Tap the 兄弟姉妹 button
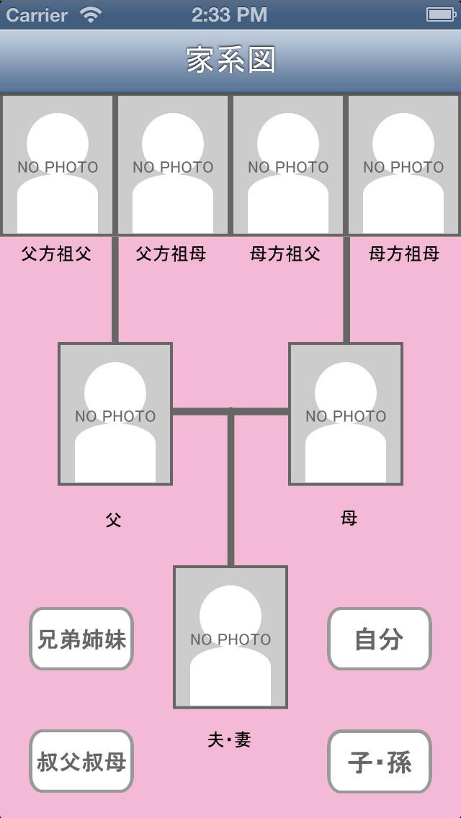(x=81, y=639)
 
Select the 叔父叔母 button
(x=81, y=761)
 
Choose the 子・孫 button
(x=380, y=761)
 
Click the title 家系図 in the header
(x=230, y=60)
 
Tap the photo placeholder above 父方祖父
(x=58, y=165)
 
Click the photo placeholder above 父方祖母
(x=173, y=165)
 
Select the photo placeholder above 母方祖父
(x=287, y=165)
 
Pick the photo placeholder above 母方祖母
(x=403, y=165)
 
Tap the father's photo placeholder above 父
(x=115, y=414)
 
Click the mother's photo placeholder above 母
(x=346, y=414)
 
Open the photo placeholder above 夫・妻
(x=230, y=637)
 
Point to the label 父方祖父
(x=56, y=254)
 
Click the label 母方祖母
(x=403, y=254)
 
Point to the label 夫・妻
(x=229, y=740)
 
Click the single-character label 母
(x=349, y=518)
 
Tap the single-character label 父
(x=113, y=520)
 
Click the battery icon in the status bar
(x=442, y=14)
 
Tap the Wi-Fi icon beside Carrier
(x=91, y=14)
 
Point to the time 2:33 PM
(x=229, y=14)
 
